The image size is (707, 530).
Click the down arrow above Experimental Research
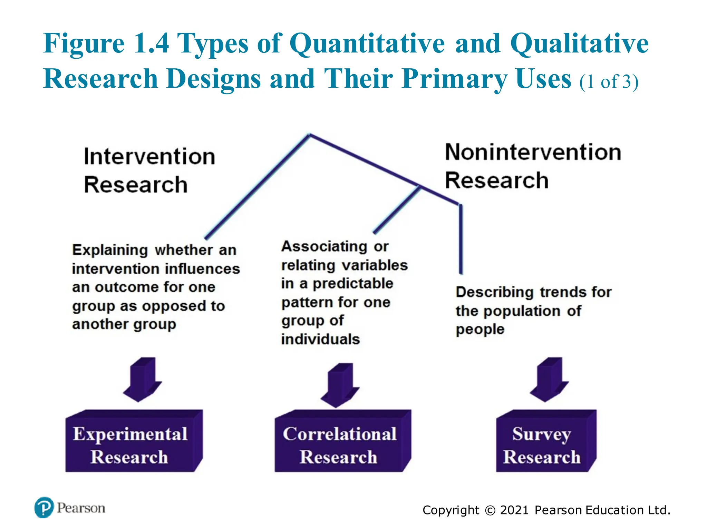click(143, 380)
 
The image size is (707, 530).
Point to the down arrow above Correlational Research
click(340, 385)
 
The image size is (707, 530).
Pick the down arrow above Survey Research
click(549, 380)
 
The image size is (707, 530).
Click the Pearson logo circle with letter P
click(44, 507)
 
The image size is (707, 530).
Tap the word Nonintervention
click(533, 152)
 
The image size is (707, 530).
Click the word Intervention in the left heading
click(149, 157)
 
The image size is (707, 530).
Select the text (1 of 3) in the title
click(609, 82)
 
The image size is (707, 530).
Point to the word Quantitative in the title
click(367, 43)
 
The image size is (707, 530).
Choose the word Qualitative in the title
click(579, 43)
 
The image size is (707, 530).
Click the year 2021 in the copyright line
click(514, 510)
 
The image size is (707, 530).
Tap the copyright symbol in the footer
click(490, 510)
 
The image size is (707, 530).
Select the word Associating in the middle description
click(325, 246)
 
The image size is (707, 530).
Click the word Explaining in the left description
click(110, 250)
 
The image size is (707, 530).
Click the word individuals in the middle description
click(320, 340)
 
